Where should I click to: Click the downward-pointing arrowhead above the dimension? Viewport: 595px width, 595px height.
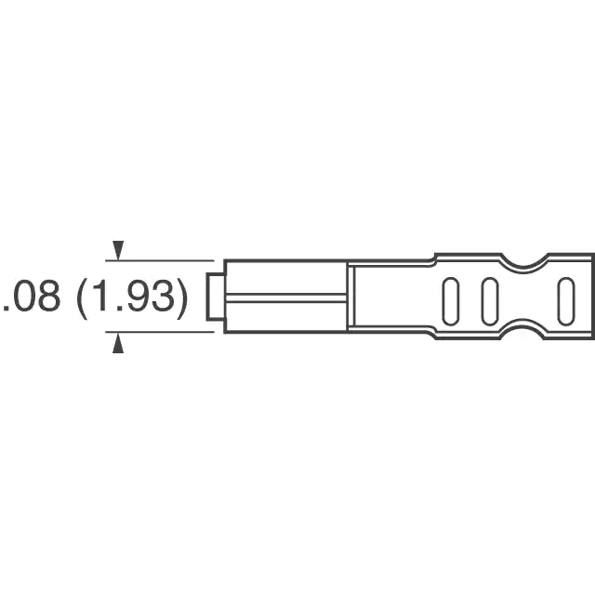click(118, 250)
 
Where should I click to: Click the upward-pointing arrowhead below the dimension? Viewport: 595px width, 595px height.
click(118, 343)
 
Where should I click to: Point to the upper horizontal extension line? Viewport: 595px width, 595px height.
click(160, 260)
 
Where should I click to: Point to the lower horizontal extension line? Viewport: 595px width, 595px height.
click(160, 332)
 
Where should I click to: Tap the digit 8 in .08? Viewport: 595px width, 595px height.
click(48, 297)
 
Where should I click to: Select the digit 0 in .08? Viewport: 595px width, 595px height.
click(22, 297)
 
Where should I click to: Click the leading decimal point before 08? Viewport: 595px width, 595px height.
click(6, 308)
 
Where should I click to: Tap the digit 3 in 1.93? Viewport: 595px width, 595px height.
click(164, 297)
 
